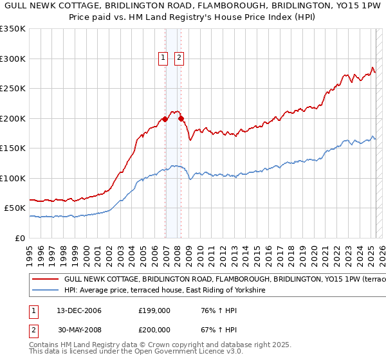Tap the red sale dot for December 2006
click(x=165, y=119)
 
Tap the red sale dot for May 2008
click(x=181, y=118)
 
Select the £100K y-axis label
click(x=13, y=178)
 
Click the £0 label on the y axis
click(x=19, y=238)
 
